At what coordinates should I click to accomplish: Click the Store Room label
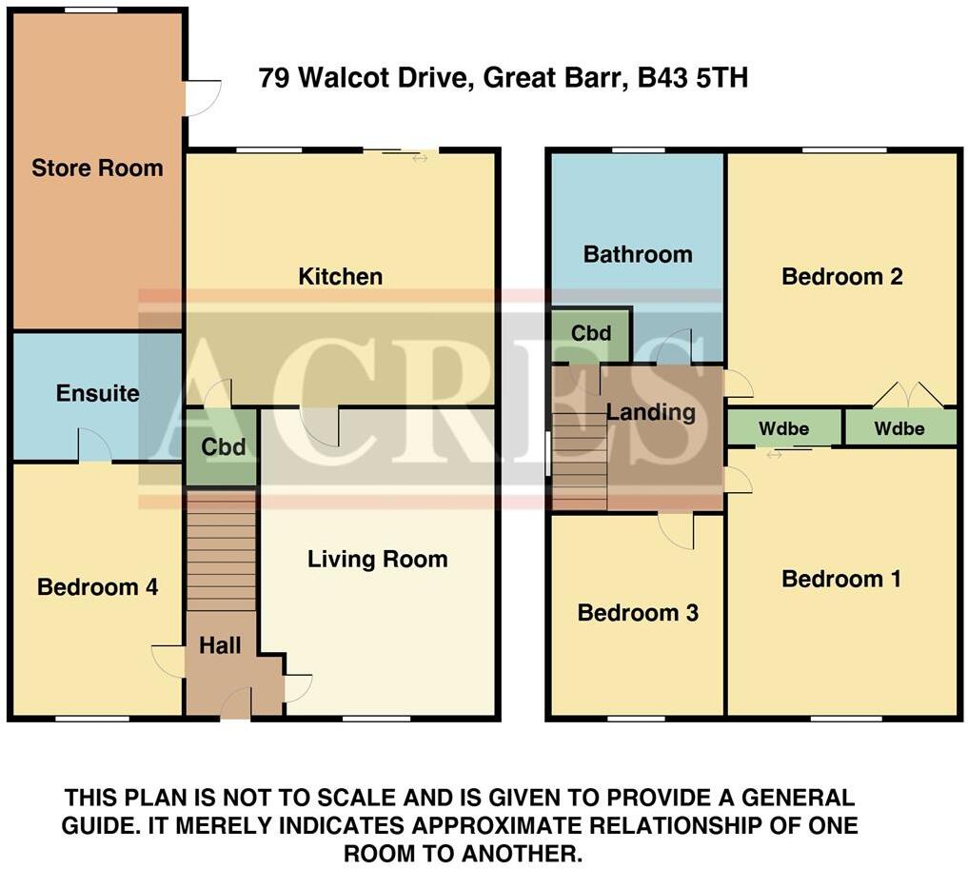pyautogui.click(x=97, y=168)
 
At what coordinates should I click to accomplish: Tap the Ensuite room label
pyautogui.click(x=97, y=393)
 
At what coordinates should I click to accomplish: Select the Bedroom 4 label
pyautogui.click(x=97, y=587)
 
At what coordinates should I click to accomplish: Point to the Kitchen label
pyautogui.click(x=340, y=277)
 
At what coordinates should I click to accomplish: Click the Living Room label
pyautogui.click(x=377, y=559)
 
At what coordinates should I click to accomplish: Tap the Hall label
pyautogui.click(x=220, y=645)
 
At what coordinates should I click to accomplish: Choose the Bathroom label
pyautogui.click(x=637, y=254)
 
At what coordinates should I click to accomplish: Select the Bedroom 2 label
pyautogui.click(x=841, y=277)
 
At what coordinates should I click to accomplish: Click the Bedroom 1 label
pyautogui.click(x=841, y=579)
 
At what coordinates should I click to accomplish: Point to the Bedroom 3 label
pyautogui.click(x=638, y=613)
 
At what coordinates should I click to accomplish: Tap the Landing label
pyautogui.click(x=650, y=412)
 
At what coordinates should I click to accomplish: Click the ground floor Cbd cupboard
pyautogui.click(x=222, y=447)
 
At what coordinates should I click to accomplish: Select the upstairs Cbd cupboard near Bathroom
pyautogui.click(x=591, y=334)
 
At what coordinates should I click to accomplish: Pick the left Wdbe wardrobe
pyautogui.click(x=783, y=428)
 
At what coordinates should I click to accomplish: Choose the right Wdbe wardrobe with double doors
pyautogui.click(x=899, y=428)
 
